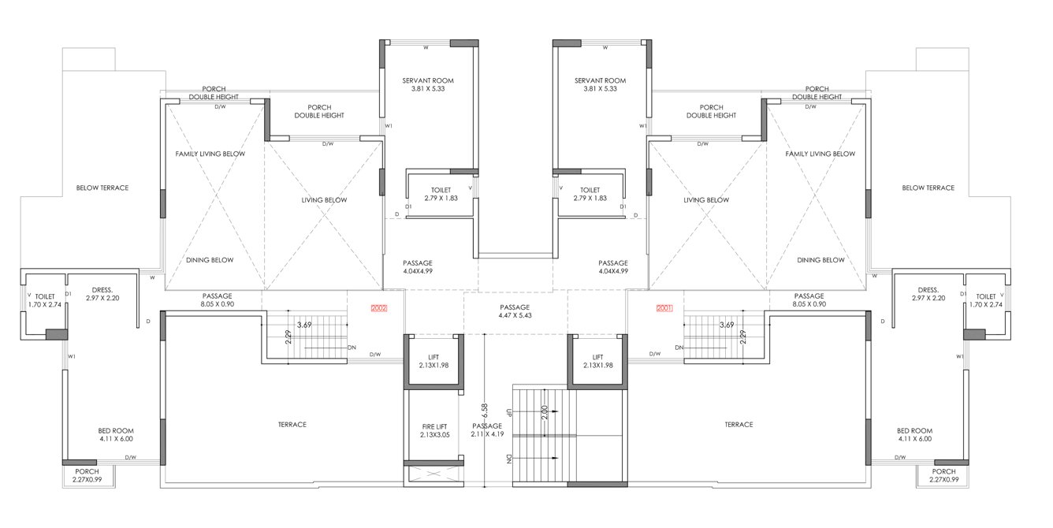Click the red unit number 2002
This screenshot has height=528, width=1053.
pos(378,309)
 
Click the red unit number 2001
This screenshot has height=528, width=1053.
pos(664,309)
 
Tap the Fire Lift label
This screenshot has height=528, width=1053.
pos(435,430)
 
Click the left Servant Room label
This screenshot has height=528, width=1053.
pos(428,84)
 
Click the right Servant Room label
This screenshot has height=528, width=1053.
pos(600,84)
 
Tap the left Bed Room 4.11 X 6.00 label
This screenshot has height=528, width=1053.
pos(115,434)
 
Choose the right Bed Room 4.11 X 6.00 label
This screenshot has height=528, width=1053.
pos(913,434)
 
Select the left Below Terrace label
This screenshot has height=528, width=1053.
pos(102,188)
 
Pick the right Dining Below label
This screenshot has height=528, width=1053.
pos(820,260)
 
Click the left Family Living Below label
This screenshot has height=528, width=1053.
pos(210,154)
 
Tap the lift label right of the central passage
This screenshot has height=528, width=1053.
pos(597,361)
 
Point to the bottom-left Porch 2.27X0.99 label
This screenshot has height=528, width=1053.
pos(87,475)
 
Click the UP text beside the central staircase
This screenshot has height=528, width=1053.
pos(511,412)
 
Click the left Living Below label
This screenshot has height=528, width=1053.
pos(324,200)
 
